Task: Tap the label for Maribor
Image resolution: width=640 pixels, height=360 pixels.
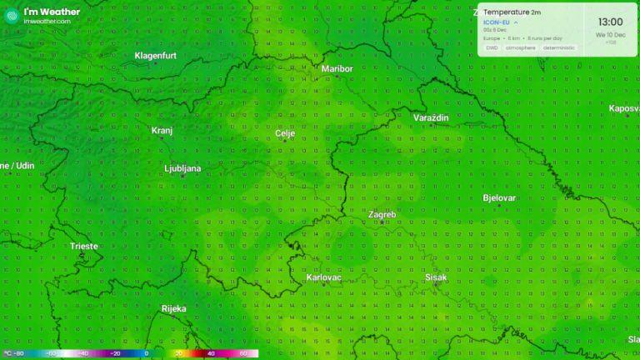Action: click(x=337, y=68)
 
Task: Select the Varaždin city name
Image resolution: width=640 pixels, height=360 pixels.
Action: click(x=431, y=117)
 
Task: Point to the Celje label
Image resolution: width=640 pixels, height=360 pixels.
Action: click(x=285, y=133)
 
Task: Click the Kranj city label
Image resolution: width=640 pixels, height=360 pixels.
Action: click(x=162, y=130)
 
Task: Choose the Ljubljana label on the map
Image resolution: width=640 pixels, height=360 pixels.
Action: click(x=182, y=168)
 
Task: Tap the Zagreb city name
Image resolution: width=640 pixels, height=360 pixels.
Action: click(x=382, y=214)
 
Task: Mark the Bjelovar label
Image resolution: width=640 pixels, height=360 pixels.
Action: click(x=499, y=197)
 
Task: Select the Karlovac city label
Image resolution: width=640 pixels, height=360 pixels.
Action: click(x=323, y=277)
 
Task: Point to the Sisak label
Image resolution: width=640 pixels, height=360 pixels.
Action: click(x=436, y=277)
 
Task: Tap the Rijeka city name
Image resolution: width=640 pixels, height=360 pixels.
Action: click(x=173, y=308)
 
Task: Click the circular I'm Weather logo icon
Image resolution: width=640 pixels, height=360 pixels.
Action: click(x=12, y=15)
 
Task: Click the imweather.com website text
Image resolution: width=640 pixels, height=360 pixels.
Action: click(x=47, y=21)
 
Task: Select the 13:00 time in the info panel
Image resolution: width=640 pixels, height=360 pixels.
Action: click(x=610, y=22)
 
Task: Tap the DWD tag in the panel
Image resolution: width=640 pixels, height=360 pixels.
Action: click(x=492, y=47)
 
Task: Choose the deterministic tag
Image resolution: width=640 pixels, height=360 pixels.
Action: click(x=559, y=47)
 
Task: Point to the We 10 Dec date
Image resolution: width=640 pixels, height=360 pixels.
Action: click(x=610, y=35)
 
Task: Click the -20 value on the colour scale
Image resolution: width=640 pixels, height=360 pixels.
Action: click(x=116, y=353)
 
